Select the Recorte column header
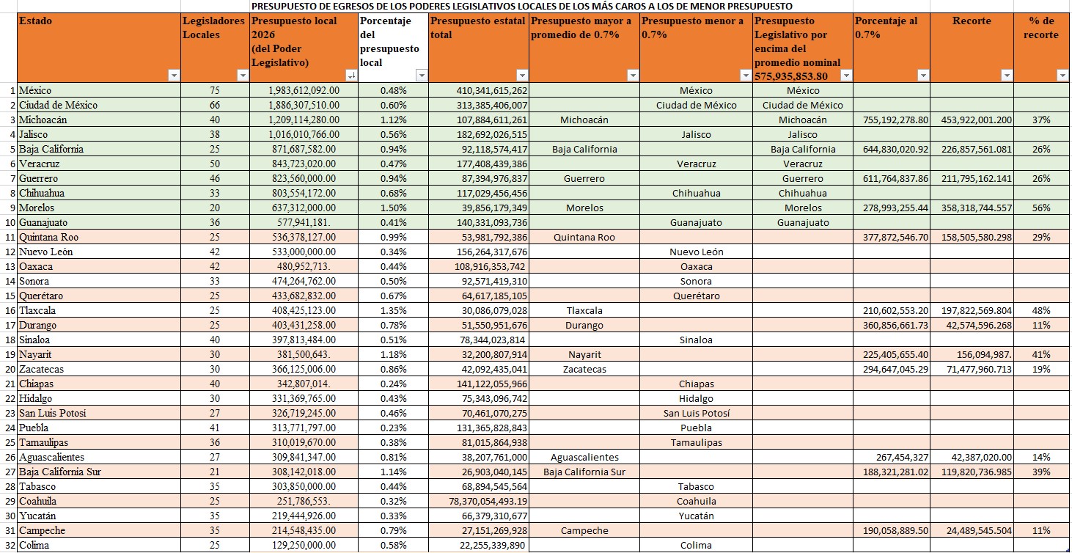972,21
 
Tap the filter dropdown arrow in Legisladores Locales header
243,76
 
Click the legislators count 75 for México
214,90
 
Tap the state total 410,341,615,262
479,90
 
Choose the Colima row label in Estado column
34,545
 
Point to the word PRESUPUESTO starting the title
286,6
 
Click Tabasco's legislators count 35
214,486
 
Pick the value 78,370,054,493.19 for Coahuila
478,501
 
